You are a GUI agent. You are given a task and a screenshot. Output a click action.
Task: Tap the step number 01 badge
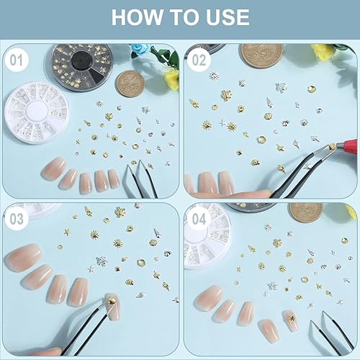[17, 60]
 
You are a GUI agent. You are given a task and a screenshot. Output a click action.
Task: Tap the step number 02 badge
[199, 60]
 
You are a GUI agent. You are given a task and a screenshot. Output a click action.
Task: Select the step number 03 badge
[17, 219]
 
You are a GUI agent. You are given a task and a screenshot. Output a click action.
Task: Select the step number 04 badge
[199, 219]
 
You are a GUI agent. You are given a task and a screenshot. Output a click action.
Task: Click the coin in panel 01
[130, 84]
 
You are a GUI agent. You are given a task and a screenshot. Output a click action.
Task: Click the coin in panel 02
[262, 56]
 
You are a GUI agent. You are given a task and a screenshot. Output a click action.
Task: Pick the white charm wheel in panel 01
[37, 113]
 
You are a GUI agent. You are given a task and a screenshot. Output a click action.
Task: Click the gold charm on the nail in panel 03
[111, 300]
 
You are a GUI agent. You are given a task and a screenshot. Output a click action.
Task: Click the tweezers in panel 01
[141, 179]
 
